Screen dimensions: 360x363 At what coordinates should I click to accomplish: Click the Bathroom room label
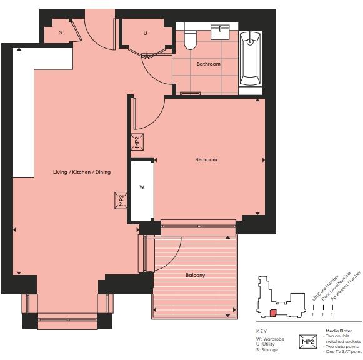coord(208,64)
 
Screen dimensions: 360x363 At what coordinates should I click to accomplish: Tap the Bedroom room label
coord(206,159)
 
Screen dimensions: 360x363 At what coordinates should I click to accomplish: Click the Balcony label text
coord(195,275)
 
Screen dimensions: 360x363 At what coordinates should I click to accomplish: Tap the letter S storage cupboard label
coord(61,32)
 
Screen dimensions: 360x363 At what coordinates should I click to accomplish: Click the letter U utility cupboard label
coord(145,33)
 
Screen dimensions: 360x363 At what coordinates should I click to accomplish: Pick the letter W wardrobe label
coord(141,187)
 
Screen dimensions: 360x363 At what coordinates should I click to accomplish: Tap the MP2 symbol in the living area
coord(121,201)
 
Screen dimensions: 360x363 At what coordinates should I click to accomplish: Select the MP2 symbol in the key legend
coord(308,342)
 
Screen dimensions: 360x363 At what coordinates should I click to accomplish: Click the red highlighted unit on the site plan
coord(272,313)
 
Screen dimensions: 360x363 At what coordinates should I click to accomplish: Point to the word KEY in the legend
coord(262,331)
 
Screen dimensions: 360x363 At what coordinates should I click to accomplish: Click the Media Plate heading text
coord(338,331)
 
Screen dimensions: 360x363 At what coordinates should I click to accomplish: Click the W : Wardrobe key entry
coord(270,339)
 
